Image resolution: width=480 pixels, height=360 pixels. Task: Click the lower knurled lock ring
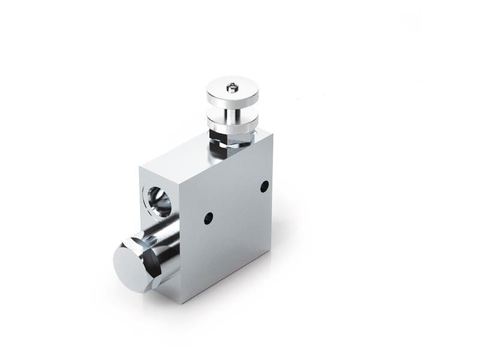(232, 125)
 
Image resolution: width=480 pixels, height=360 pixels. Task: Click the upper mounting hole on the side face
(264, 187)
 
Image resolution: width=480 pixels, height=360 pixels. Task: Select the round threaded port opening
(158, 201)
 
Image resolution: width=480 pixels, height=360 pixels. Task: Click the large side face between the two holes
(237, 204)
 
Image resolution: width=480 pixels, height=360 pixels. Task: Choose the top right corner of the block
(272, 131)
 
